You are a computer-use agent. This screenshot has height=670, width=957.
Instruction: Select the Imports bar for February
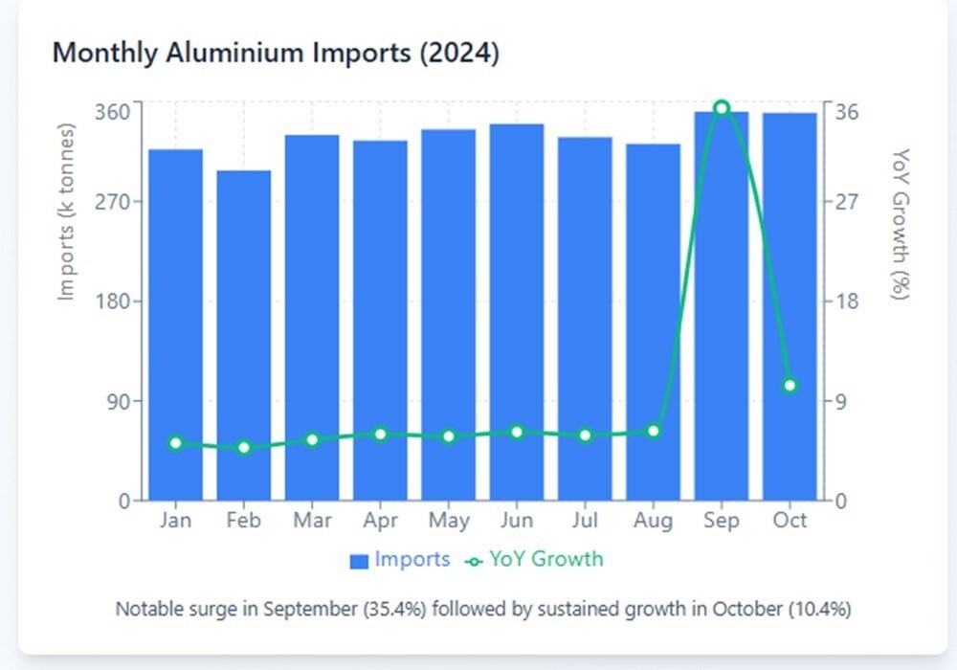pyautogui.click(x=244, y=335)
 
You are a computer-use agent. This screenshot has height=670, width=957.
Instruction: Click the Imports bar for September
pyautogui.click(x=722, y=306)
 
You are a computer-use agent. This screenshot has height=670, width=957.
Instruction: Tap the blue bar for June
pyautogui.click(x=517, y=311)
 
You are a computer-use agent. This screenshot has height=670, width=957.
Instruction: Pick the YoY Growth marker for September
pyautogui.click(x=722, y=108)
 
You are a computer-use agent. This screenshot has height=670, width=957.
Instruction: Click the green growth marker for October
pyautogui.click(x=790, y=386)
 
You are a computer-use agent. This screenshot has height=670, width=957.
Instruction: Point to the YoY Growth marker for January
pyautogui.click(x=175, y=443)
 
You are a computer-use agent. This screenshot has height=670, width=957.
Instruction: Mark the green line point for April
pyautogui.click(x=381, y=435)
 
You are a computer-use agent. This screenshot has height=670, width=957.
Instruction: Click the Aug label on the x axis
pyautogui.click(x=654, y=521)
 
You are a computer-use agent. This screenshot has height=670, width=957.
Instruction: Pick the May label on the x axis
pyautogui.click(x=449, y=521)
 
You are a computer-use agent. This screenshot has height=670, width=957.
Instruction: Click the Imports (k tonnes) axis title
pyautogui.click(x=66, y=211)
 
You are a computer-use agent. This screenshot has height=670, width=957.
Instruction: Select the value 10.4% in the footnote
pyautogui.click(x=818, y=609)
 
